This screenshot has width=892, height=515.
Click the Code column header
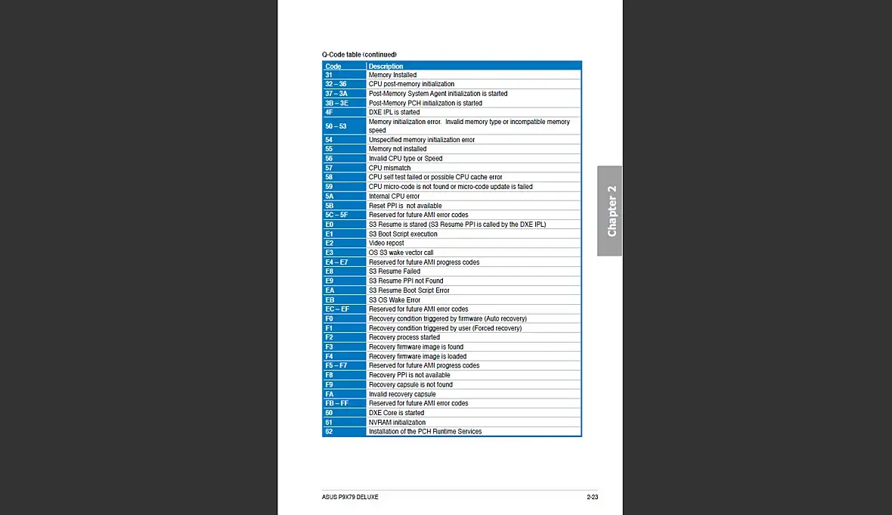pos(333,67)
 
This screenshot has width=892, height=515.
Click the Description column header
pos(386,67)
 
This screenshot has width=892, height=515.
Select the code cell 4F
pos(330,112)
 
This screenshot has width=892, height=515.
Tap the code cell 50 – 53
pos(336,126)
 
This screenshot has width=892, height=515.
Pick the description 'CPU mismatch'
pos(390,168)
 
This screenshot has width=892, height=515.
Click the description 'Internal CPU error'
pos(394,196)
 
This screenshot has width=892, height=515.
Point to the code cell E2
pos(330,244)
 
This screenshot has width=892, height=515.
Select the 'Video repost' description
pos(386,244)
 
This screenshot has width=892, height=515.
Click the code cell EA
pos(330,290)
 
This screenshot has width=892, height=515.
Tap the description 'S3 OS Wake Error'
pos(395,299)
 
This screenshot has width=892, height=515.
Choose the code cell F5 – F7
pos(336,365)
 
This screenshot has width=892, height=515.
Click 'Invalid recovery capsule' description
pos(402,394)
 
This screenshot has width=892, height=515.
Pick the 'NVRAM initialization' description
pos(398,422)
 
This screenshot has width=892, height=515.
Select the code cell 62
pos(329,432)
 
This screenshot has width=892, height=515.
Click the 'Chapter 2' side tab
pos(610,211)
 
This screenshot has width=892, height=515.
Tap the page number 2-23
pos(592,497)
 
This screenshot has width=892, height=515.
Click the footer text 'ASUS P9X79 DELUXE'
pos(350,497)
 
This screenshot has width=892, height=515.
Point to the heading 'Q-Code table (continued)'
pos(359,54)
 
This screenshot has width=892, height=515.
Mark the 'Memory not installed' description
pos(398,149)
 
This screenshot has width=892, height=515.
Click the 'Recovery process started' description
pos(404,337)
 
